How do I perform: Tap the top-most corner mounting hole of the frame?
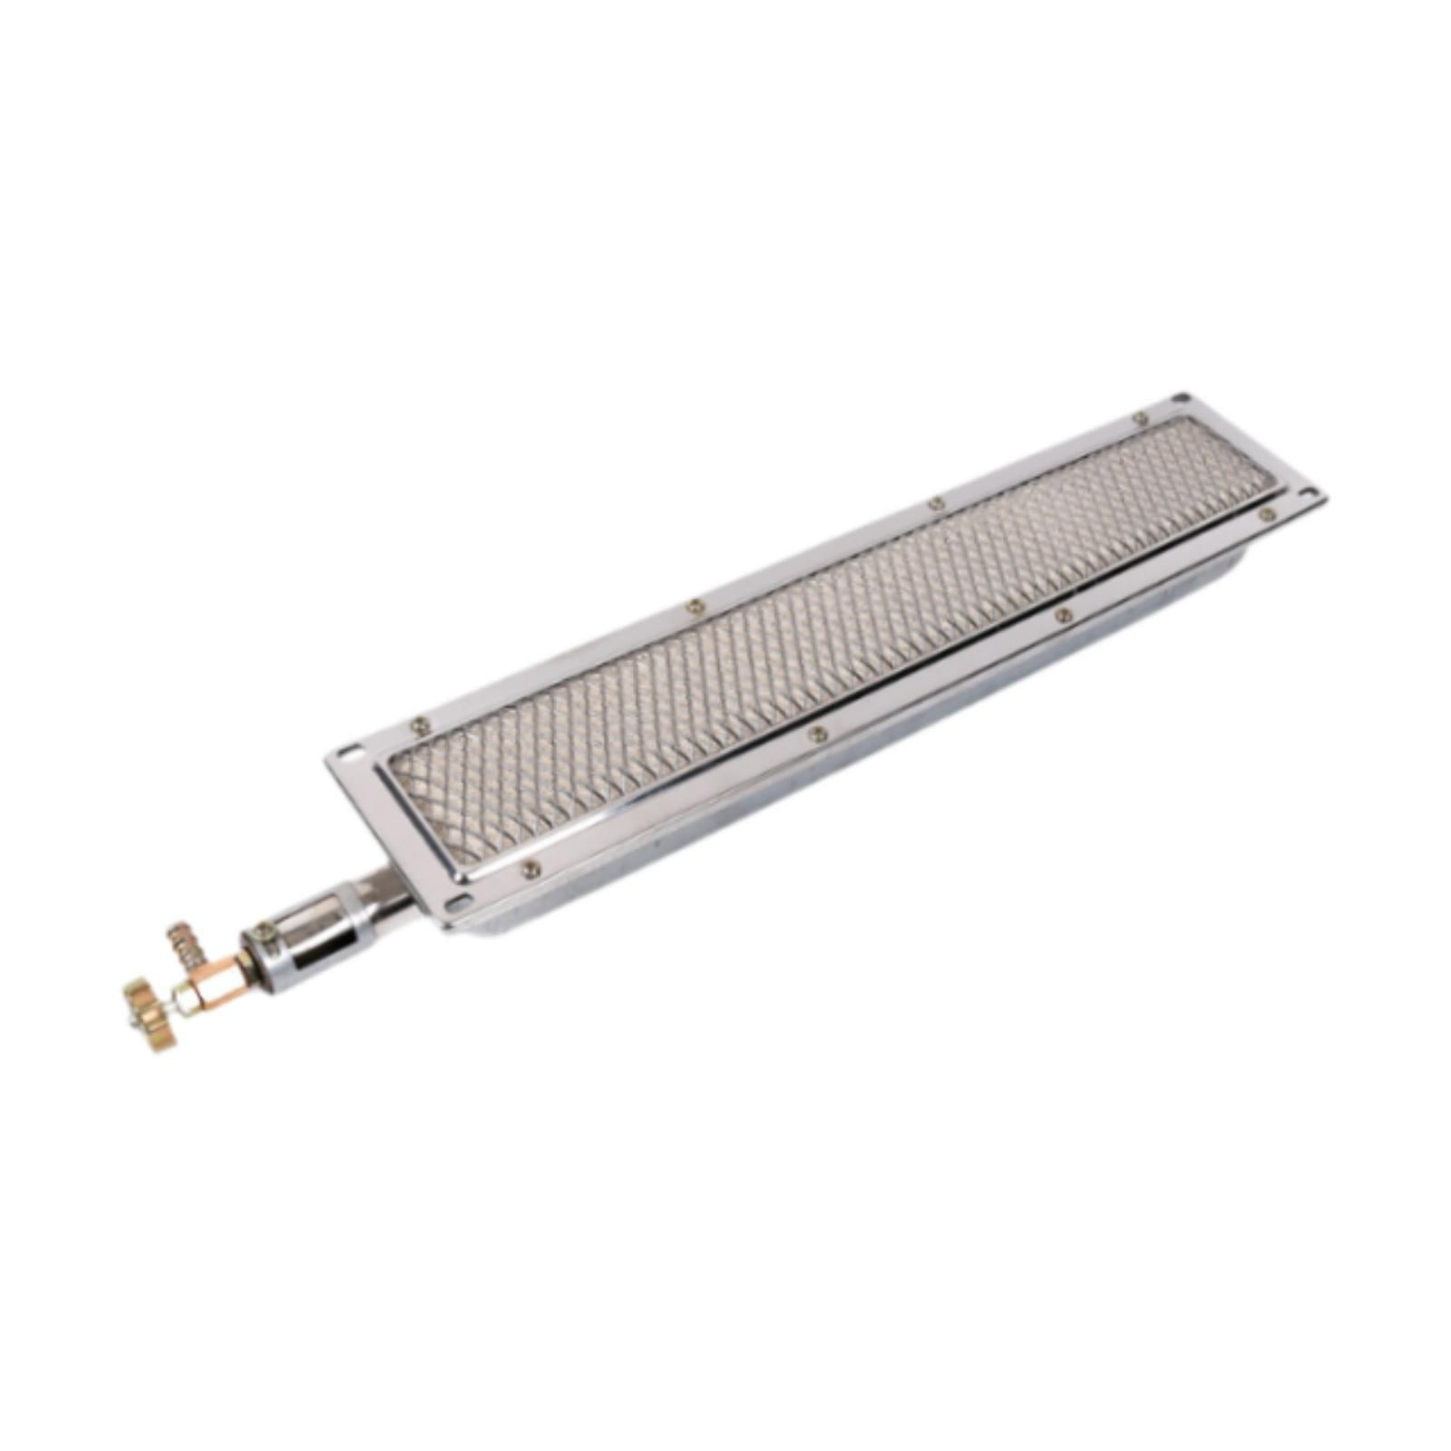point(1180,398)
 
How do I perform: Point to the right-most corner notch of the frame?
point(1307,495)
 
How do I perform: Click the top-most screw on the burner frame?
point(1142,419)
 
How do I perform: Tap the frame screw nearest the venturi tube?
point(531,869)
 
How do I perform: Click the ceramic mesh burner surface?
point(816,635)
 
